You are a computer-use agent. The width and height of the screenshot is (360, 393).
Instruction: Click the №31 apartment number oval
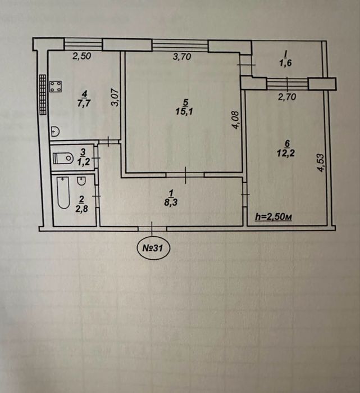[153, 248]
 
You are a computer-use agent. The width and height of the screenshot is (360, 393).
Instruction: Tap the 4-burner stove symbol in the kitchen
[56, 86]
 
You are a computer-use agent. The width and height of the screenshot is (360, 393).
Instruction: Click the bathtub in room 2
[63, 193]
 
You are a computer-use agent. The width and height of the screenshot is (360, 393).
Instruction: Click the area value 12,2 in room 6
[286, 152]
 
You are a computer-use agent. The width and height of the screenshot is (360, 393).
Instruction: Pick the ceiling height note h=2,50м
[274, 217]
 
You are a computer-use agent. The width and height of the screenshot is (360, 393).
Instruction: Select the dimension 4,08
[236, 120]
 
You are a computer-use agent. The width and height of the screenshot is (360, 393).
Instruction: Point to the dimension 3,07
[115, 97]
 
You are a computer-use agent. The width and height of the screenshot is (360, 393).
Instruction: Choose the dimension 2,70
[287, 97]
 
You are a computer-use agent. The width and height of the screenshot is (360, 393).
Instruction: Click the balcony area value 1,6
[285, 63]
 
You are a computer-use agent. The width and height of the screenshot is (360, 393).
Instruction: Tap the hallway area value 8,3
[171, 202]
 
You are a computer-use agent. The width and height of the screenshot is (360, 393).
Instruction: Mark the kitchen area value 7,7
[84, 103]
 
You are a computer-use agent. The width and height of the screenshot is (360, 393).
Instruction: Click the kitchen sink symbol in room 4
[55, 132]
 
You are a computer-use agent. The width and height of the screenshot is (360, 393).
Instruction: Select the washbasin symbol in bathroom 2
[81, 181]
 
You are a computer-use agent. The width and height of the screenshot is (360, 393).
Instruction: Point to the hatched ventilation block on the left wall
[43, 94]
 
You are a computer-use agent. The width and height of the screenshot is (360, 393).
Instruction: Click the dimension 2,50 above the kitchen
[81, 56]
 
